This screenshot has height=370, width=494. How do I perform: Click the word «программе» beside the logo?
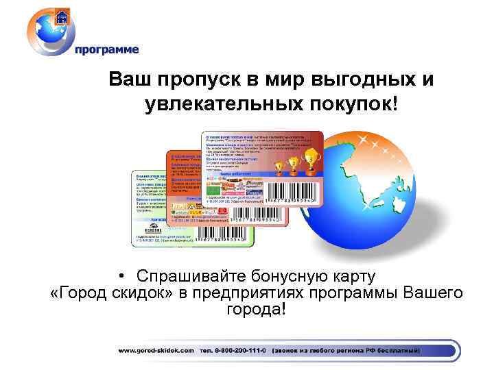click(x=106, y=49)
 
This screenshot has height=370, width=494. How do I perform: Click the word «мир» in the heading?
click(x=280, y=79)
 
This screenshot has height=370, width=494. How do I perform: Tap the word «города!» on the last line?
click(x=255, y=310)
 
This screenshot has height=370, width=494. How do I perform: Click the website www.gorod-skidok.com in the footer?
click(x=156, y=350)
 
